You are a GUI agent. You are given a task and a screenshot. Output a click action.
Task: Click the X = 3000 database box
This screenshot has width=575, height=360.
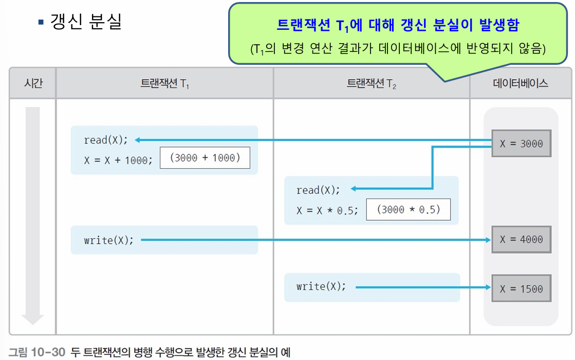[x=521, y=144]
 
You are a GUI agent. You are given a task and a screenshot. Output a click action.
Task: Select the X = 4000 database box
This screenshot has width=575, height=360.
[x=521, y=240]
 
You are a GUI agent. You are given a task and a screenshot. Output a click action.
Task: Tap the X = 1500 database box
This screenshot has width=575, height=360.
[x=521, y=289]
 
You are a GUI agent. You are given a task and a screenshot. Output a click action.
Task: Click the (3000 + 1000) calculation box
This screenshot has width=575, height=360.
[x=205, y=158]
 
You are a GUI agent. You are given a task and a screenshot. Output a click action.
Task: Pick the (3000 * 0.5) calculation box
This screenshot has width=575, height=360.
[x=408, y=210]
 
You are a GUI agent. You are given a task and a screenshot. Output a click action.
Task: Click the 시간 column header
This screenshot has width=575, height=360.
[x=33, y=83]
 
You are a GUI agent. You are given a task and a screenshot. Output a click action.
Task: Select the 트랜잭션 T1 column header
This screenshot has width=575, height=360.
[x=164, y=83]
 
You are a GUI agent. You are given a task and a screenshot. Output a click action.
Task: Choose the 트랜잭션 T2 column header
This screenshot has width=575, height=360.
[x=372, y=83]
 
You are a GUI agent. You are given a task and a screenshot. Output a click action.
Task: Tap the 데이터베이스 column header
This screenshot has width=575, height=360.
[x=521, y=83]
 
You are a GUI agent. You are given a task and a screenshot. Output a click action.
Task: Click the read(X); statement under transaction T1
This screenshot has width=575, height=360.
[x=105, y=140]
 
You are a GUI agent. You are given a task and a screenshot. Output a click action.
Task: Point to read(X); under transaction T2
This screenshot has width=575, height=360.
[x=318, y=190]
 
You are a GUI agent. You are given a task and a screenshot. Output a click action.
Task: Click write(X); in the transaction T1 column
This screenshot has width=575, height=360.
[x=108, y=240]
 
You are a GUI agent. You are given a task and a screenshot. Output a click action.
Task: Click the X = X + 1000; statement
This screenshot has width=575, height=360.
[x=118, y=160]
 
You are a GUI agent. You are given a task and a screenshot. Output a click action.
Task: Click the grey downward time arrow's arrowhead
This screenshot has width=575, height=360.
[x=32, y=319]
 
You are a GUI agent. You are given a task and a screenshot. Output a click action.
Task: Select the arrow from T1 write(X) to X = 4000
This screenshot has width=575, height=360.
[x=313, y=240]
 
